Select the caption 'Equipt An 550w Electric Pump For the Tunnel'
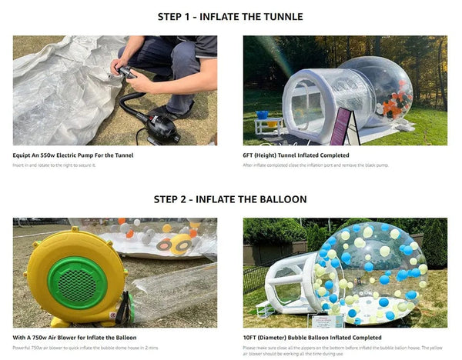point(73,155)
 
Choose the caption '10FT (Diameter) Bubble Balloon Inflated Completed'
point(313,337)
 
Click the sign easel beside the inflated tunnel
point(341,126)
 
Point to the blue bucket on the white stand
point(263,115)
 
